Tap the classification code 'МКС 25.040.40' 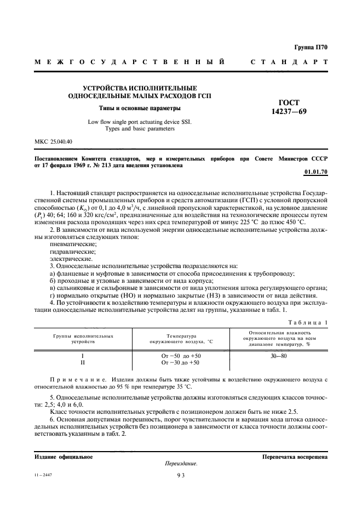point(55,142)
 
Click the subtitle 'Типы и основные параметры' point(140,107)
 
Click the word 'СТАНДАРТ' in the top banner point(289,62)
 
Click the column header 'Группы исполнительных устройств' point(84,338)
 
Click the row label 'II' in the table point(83,363)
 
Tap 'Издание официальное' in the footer point(63,456)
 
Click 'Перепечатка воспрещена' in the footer point(295,456)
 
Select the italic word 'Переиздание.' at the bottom point(181,464)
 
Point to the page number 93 point(181,476)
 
